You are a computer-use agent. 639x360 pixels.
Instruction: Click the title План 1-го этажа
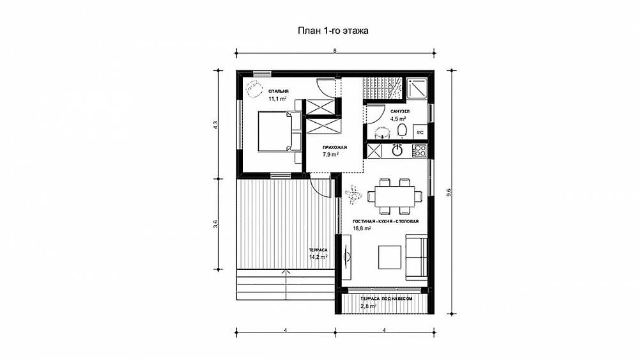tap(333, 31)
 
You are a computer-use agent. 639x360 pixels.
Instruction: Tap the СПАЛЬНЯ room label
tap(279, 91)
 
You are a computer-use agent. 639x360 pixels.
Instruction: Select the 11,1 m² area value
tap(277, 98)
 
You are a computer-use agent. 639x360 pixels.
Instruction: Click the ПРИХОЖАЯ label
tap(335, 147)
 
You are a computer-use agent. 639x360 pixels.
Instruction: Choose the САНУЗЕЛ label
tap(400, 111)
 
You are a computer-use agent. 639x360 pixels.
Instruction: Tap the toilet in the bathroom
tap(402, 131)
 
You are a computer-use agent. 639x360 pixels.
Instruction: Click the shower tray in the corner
tap(417, 88)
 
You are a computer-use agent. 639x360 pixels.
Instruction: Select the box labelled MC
tap(420, 132)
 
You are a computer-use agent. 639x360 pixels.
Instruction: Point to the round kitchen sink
tap(397, 151)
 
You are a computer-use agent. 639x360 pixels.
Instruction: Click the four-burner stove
tap(419, 151)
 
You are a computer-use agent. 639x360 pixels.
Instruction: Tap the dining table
tap(394, 196)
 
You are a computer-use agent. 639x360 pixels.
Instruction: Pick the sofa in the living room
tap(417, 257)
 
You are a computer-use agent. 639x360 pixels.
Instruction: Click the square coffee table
tap(390, 257)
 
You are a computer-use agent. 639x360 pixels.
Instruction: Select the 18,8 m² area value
tap(362, 229)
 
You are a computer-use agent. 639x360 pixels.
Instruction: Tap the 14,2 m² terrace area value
tap(318, 257)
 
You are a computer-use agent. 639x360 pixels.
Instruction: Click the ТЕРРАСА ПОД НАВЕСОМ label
tap(387, 299)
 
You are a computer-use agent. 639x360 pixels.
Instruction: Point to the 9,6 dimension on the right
tap(449, 192)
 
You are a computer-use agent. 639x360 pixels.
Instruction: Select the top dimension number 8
tap(335, 51)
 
